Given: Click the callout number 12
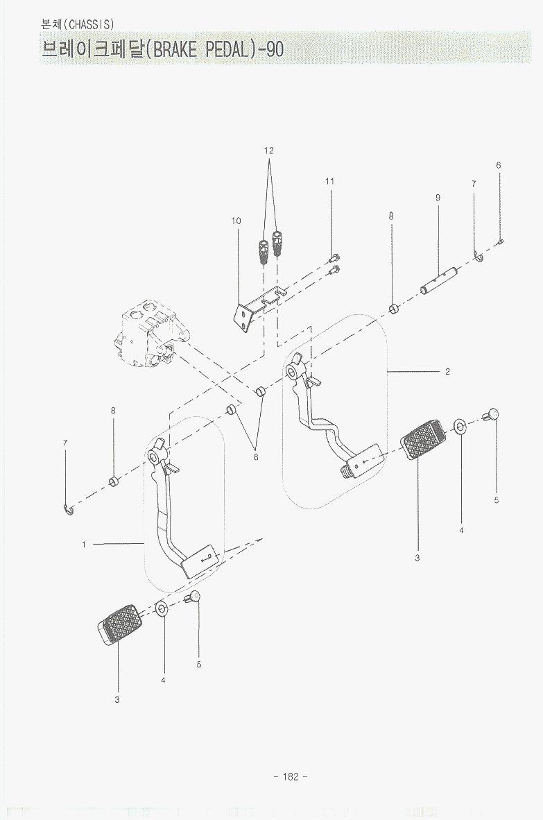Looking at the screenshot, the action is point(268,151).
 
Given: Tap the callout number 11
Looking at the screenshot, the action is point(330,182).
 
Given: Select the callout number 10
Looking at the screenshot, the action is point(236,221).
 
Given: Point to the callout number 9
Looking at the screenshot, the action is point(438,198).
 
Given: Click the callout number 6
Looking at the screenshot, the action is point(499,165).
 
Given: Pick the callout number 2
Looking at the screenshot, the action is point(447,372).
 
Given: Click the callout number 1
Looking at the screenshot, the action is point(84,545).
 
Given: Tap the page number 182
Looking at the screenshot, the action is point(291,776).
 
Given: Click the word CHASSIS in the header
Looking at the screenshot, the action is point(91,24).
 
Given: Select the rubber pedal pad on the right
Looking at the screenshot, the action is point(423,439).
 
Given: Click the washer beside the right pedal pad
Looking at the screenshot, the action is point(460,426).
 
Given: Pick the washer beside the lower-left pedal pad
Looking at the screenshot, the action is point(162,608).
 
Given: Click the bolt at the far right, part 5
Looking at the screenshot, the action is point(491,415).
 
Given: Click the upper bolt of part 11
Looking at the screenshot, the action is point(334,257).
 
